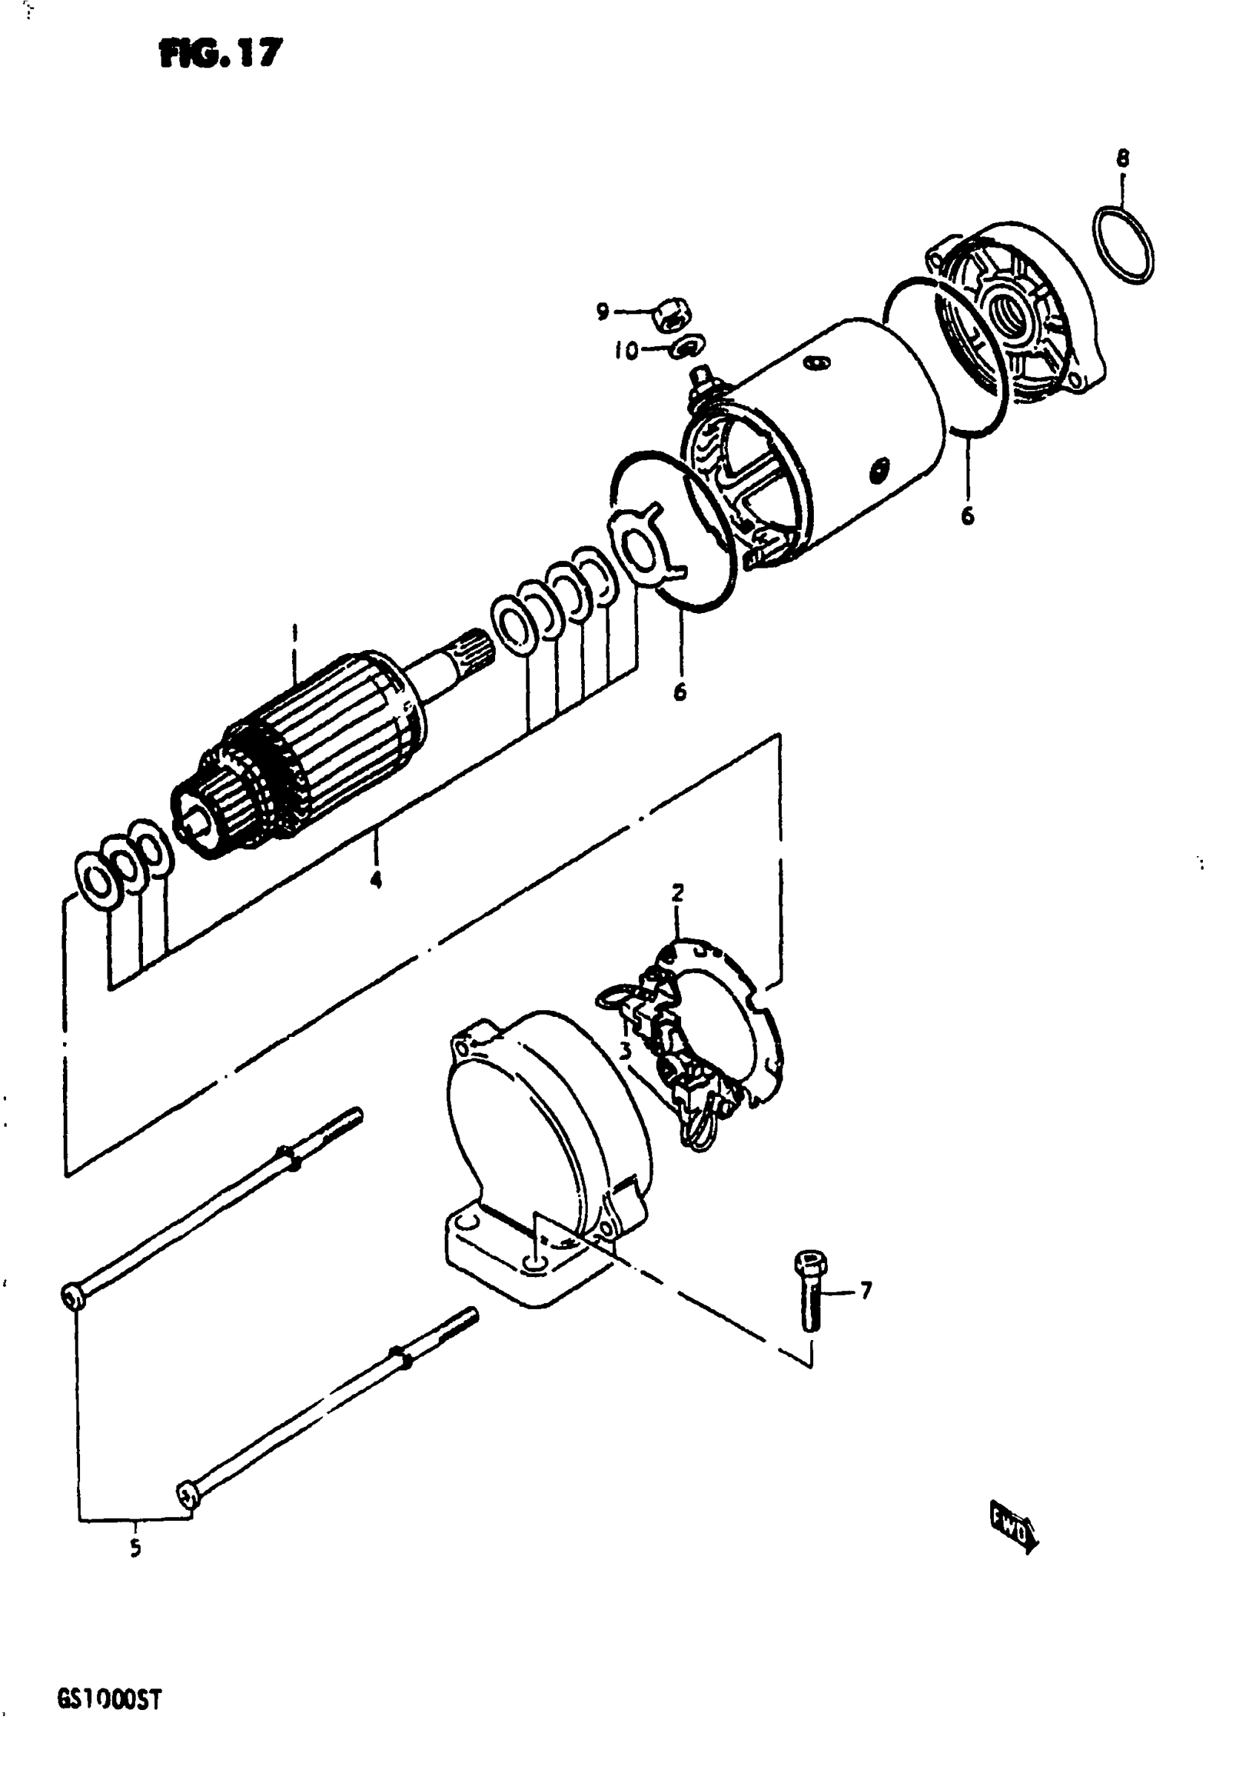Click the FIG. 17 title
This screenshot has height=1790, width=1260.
tap(220, 54)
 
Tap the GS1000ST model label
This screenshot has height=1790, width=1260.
tap(109, 1700)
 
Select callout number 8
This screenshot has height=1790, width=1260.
tap(1122, 159)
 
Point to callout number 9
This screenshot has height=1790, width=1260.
tap(602, 312)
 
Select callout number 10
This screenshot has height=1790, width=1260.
tap(626, 351)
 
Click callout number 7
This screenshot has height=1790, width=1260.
tap(866, 1291)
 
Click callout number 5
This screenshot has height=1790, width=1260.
tap(136, 1548)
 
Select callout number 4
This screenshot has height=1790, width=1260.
tap(376, 881)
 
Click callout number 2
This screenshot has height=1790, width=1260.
tap(677, 892)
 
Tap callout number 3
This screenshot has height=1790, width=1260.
tap(624, 1051)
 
